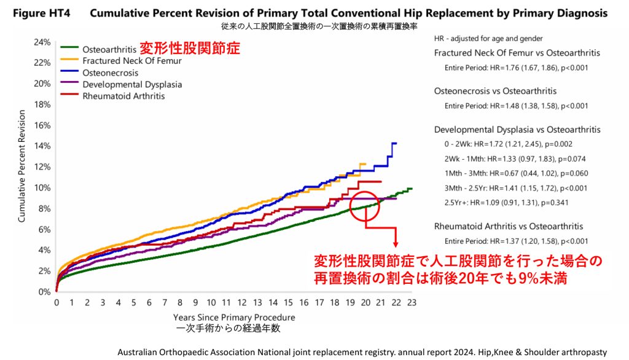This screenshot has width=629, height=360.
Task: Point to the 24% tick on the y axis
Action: tap(41, 42)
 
